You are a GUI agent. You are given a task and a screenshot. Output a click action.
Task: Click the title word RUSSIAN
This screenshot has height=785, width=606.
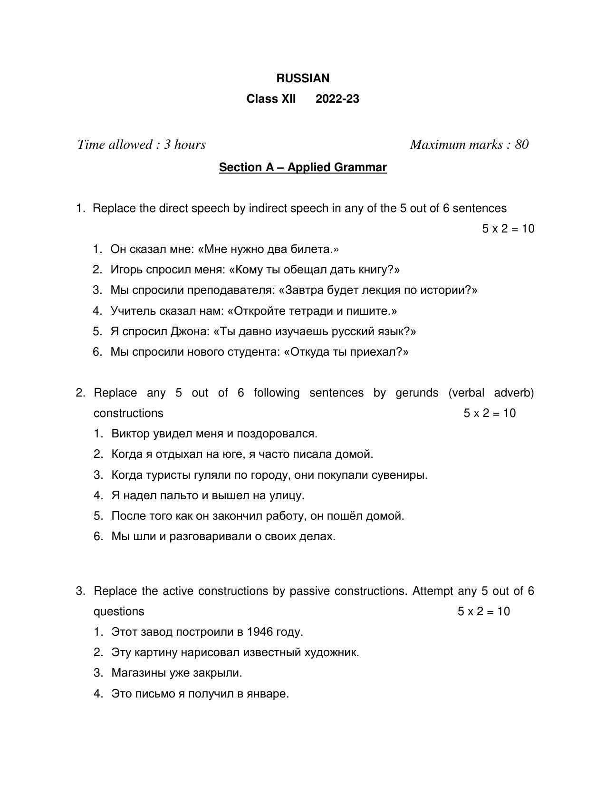pyautogui.click(x=303, y=78)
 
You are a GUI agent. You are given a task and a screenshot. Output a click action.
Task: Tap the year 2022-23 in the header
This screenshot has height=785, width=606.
pyautogui.click(x=337, y=99)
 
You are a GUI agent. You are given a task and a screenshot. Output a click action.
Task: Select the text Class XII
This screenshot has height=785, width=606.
pyautogui.click(x=271, y=99)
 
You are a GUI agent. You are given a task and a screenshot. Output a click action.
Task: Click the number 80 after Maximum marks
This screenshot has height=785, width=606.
pyautogui.click(x=521, y=145)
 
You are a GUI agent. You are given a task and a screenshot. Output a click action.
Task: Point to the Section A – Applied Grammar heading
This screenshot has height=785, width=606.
pyautogui.click(x=303, y=167)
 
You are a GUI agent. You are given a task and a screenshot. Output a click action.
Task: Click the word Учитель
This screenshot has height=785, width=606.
pyautogui.click(x=133, y=311)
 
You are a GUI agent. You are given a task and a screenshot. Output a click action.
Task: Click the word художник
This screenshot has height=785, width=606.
pyautogui.click(x=336, y=652)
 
